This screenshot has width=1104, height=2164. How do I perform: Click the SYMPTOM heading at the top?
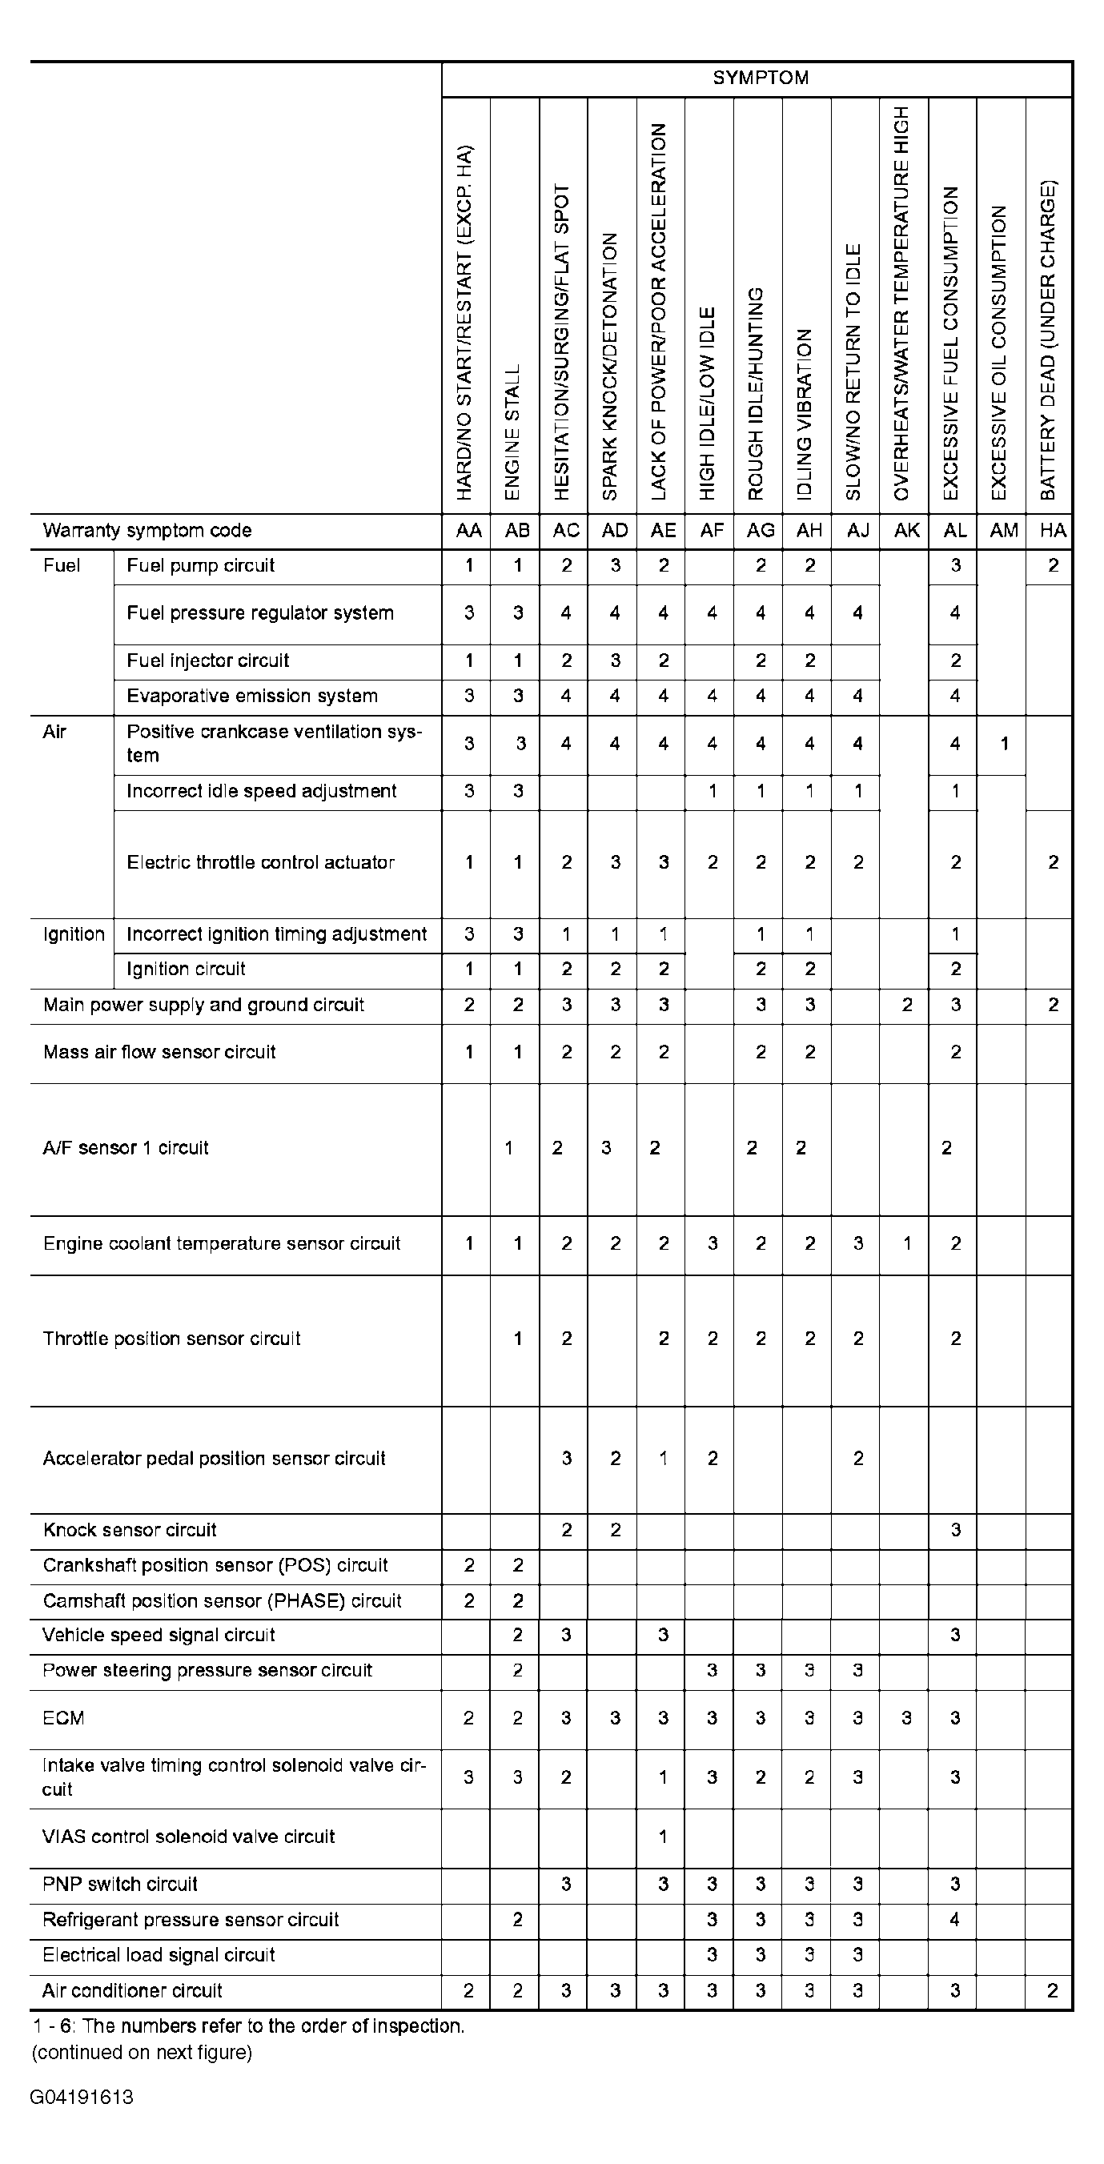tap(761, 78)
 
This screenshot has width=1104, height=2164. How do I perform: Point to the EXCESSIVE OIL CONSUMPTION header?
tap(998, 353)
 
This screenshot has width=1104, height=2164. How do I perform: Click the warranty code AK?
tap(906, 531)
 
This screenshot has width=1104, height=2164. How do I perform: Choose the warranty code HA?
tap(1052, 531)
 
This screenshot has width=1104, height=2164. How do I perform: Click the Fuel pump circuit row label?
tap(201, 566)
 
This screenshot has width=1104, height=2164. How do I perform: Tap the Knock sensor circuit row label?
tap(130, 1531)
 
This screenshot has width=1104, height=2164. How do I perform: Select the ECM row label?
tap(63, 1719)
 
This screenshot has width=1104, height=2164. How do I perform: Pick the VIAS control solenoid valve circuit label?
tap(188, 1837)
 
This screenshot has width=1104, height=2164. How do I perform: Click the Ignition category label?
tap(73, 935)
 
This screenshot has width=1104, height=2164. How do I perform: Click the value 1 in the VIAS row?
tap(663, 1837)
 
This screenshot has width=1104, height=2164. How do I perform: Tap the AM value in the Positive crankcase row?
tap(1004, 745)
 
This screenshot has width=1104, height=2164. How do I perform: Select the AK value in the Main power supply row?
tap(906, 1006)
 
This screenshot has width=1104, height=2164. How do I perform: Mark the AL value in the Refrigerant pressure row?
tap(954, 1920)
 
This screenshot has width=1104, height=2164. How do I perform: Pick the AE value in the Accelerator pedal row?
tap(663, 1459)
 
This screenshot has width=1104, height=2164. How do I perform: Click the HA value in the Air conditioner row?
tap(1052, 1991)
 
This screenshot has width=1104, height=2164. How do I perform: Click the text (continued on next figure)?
tap(142, 2053)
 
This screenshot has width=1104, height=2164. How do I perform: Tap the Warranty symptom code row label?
tap(147, 531)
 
